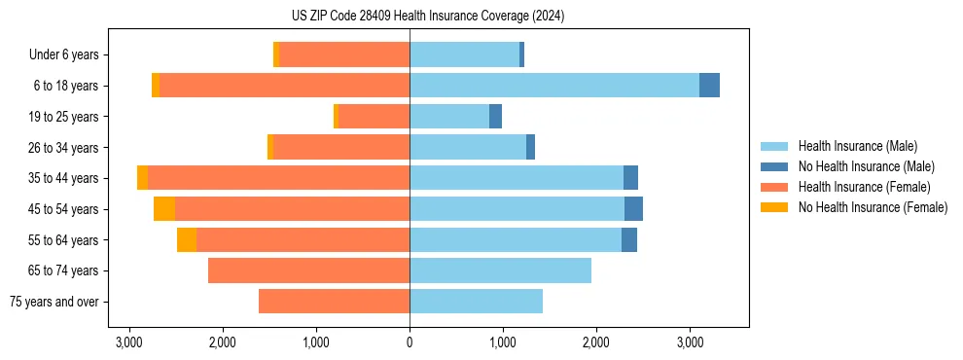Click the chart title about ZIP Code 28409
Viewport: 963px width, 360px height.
428,16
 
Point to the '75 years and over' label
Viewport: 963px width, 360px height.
53,302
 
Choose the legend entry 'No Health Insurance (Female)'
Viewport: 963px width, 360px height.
873,207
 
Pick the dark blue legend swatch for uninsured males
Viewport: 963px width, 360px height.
774,166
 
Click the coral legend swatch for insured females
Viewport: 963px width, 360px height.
774,187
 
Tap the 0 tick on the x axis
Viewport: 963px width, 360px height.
410,342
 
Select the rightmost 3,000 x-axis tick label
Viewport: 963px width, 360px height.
690,342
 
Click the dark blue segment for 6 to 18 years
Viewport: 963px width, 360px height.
709,86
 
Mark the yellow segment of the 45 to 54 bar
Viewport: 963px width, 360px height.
164,208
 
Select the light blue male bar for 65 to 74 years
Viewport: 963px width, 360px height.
500,270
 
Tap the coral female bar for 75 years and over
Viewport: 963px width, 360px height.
334,302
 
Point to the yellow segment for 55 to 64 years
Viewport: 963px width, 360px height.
187,239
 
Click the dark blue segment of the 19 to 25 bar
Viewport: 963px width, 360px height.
495,117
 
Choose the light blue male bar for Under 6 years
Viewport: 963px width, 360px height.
464,54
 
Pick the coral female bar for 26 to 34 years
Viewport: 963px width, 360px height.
341,147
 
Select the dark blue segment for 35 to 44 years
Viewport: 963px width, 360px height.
630,177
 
